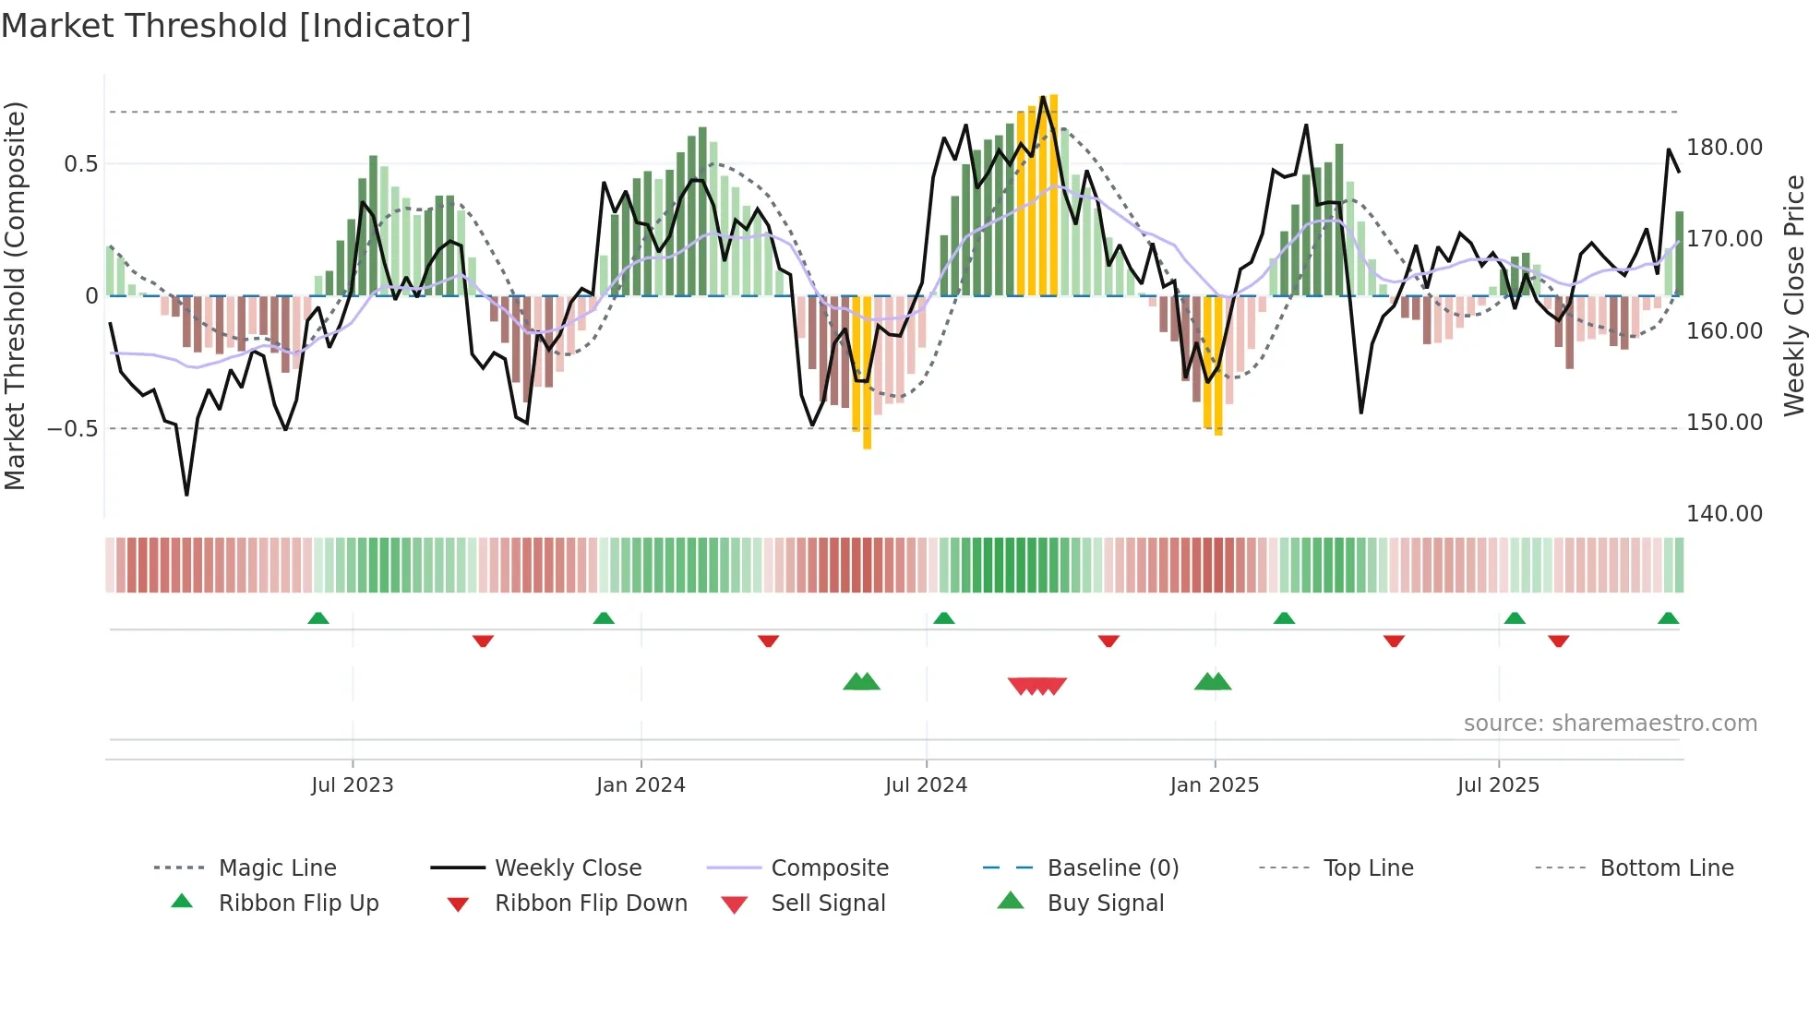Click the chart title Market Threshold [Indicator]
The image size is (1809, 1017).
tap(236, 26)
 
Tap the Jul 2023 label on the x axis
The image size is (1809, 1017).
tap(352, 785)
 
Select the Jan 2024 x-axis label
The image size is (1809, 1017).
tap(641, 785)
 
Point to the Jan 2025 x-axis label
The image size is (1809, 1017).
tap(1214, 785)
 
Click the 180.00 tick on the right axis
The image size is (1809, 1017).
tap(1724, 148)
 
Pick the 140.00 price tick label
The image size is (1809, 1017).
tap(1724, 514)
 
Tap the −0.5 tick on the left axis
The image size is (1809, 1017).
tap(72, 429)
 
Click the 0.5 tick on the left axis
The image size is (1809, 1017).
tap(80, 164)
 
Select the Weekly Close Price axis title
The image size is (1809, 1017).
tap(1793, 295)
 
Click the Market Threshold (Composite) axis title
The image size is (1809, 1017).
tap(15, 295)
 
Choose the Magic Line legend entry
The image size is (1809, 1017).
tap(277, 868)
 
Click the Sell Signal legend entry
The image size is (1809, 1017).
tap(828, 903)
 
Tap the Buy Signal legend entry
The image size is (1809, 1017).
tap(1105, 903)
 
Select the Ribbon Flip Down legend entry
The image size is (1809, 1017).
tap(591, 903)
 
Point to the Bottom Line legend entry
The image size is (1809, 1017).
tap(1666, 868)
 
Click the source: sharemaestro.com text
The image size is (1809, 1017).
tap(1610, 724)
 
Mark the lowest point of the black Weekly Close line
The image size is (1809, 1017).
tap(186, 495)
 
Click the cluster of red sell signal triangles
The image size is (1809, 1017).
tap(1037, 686)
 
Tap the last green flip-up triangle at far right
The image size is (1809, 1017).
tap(1668, 618)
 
